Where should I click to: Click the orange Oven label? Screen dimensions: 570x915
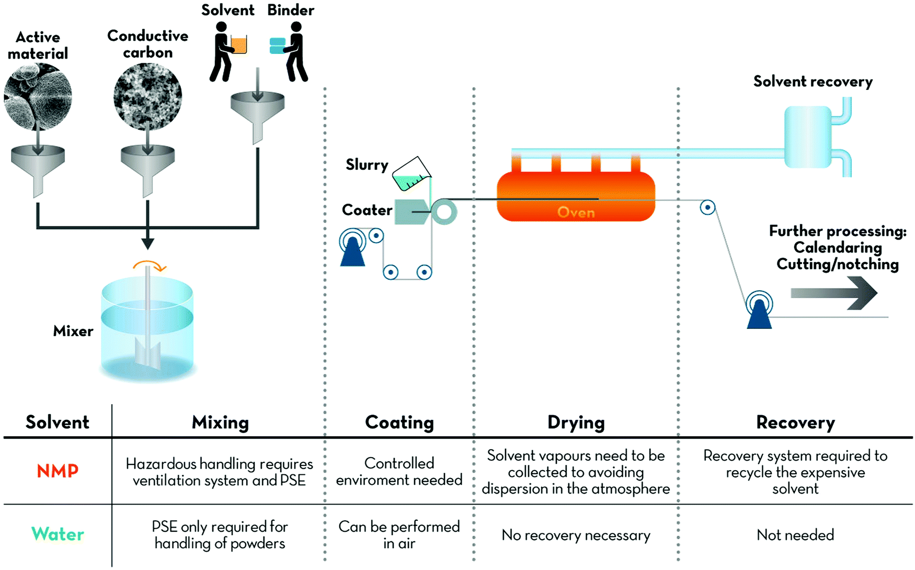coord(576,212)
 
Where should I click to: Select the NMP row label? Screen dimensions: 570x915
coord(58,471)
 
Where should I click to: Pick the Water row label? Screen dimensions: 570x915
coord(58,534)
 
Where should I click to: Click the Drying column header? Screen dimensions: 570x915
coord(576,423)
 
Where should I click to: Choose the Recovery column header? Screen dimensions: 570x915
coord(795,423)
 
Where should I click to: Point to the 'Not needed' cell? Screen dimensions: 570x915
coord(795,535)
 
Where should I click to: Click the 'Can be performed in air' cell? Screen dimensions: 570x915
coord(399,535)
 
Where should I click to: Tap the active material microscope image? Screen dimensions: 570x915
coord(38,97)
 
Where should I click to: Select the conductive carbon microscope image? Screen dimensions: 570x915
coord(147,97)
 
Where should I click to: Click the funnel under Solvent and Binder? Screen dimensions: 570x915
coord(257,112)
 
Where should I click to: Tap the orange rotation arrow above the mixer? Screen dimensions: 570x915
coord(150,266)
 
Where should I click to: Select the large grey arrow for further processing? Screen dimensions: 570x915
coord(833,293)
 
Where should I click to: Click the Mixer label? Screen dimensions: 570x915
coord(73,331)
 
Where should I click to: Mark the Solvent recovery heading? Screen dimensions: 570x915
coord(813,82)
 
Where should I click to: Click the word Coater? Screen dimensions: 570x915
coord(367,210)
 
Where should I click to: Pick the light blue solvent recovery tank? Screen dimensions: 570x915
coord(808,137)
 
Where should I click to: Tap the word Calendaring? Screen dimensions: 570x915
coord(837,247)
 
